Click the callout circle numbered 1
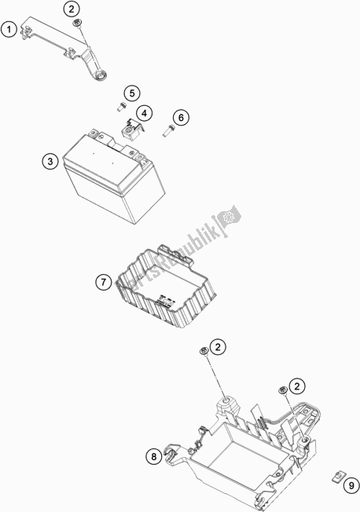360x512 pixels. [9, 29]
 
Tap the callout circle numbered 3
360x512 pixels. [50, 161]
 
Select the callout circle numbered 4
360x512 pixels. [144, 113]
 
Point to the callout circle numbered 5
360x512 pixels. [132, 93]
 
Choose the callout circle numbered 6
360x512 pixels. [181, 117]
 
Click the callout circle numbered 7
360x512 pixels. [104, 281]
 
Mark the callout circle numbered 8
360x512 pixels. [154, 456]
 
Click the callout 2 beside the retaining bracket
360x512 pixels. [72, 9]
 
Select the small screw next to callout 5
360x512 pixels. [122, 107]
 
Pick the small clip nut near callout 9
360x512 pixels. [337, 477]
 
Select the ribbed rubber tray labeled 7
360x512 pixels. [165, 285]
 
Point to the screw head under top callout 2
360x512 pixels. [78, 23]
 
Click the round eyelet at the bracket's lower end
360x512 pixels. [101, 76]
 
